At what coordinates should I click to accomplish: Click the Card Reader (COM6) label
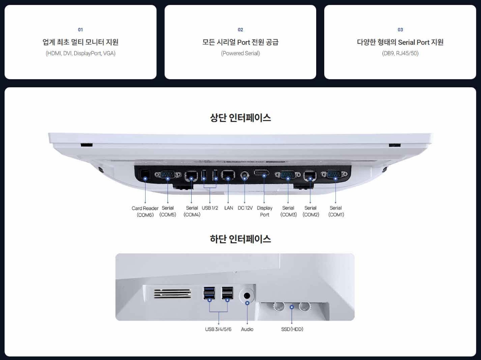pyautogui.click(x=145, y=211)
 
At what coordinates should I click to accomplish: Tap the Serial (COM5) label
pyautogui.click(x=167, y=211)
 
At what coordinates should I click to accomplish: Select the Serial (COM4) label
pyautogui.click(x=192, y=211)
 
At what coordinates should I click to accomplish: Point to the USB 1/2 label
pyautogui.click(x=210, y=208)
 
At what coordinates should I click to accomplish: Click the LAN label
pyautogui.click(x=228, y=208)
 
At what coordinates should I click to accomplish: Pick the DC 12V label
pyautogui.click(x=245, y=208)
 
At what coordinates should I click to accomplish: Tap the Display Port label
pyautogui.click(x=264, y=211)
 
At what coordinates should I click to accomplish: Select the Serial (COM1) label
pyautogui.click(x=335, y=211)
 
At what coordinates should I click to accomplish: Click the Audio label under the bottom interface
pyautogui.click(x=247, y=330)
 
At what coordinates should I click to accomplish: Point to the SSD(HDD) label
pyautogui.click(x=292, y=330)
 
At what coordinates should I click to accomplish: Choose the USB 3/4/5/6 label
pyautogui.click(x=218, y=330)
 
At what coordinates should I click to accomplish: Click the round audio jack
pyautogui.click(x=247, y=295)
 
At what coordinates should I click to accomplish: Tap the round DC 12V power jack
pyautogui.click(x=245, y=176)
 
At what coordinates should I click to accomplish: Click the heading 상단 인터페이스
pyautogui.click(x=240, y=118)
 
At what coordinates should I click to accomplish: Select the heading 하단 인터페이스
pyautogui.click(x=240, y=239)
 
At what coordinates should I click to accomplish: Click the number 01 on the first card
pyautogui.click(x=80, y=30)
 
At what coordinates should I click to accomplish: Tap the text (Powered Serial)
pyautogui.click(x=240, y=54)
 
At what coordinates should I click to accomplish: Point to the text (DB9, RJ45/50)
pyautogui.click(x=400, y=54)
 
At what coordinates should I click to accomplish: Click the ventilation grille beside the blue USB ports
pyautogui.click(x=172, y=294)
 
